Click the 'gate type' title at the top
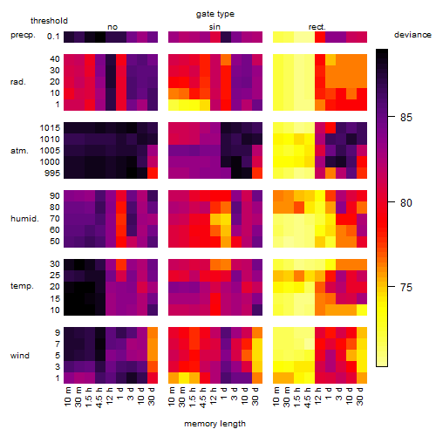[215, 14]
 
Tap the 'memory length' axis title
[215, 424]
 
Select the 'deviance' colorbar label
[412, 35]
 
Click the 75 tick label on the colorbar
[406, 288]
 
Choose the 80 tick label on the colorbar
[406, 202]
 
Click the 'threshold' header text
[49, 21]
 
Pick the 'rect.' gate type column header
[317, 27]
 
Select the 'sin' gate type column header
[215, 27]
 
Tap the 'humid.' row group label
[24, 219]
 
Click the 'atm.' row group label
[19, 151]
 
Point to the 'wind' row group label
[20, 356]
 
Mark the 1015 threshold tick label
[50, 128]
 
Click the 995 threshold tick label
[52, 174]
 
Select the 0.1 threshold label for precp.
[53, 37]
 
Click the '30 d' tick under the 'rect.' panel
[359, 396]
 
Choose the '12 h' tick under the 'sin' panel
[214, 396]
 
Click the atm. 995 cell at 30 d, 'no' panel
[153, 173]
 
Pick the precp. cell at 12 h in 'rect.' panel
[320, 37]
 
